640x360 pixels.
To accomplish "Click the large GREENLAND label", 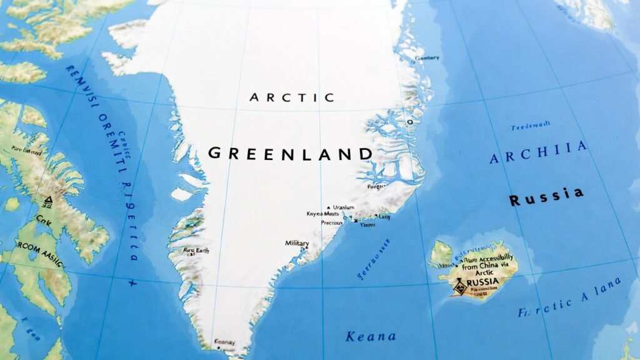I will (290, 154).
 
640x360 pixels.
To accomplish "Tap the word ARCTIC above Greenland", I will (292, 97).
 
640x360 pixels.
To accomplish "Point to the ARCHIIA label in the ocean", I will (538, 152).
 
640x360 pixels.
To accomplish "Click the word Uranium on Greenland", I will (344, 207).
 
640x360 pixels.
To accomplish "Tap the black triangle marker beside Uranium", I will (328, 207).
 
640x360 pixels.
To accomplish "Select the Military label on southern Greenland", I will (297, 243).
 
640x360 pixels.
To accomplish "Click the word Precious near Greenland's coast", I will (332, 222).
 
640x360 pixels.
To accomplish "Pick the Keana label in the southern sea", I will (371, 336).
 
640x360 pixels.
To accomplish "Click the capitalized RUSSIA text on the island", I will (482, 282).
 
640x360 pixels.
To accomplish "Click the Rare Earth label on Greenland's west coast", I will (196, 251).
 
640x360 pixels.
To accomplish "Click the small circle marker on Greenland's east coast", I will (410, 121).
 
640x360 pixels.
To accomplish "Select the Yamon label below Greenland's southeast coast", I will (367, 223).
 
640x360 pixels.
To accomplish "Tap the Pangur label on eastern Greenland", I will (377, 186).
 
